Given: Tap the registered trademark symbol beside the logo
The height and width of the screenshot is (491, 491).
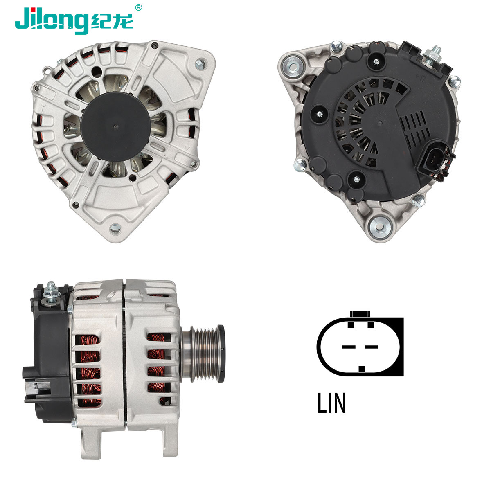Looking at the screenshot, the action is click(x=138, y=7).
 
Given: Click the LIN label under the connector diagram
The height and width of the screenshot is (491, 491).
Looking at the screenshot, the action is click(x=331, y=403).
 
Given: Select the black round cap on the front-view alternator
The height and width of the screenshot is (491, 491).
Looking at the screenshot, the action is click(x=115, y=126).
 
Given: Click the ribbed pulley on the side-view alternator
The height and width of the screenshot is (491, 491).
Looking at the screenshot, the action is click(x=207, y=354).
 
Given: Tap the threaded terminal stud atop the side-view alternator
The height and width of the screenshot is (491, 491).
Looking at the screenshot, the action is click(x=52, y=291).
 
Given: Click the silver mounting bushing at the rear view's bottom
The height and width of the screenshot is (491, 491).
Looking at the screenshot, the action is click(x=380, y=227).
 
